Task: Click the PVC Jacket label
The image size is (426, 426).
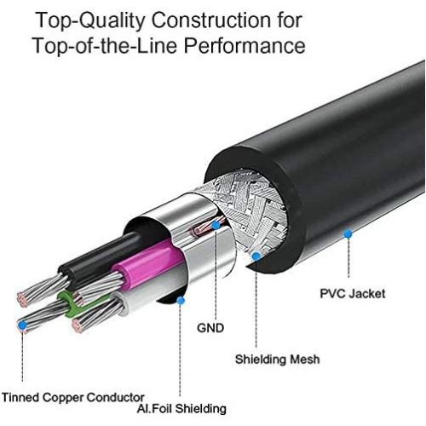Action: point(352,294)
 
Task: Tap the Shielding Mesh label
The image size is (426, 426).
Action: point(277,359)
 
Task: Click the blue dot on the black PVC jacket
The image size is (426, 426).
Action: point(348,233)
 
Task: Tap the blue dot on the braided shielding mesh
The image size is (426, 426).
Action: point(256,255)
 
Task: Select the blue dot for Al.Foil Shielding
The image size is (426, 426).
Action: point(181,299)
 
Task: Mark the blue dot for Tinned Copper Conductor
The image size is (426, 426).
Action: point(21,325)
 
